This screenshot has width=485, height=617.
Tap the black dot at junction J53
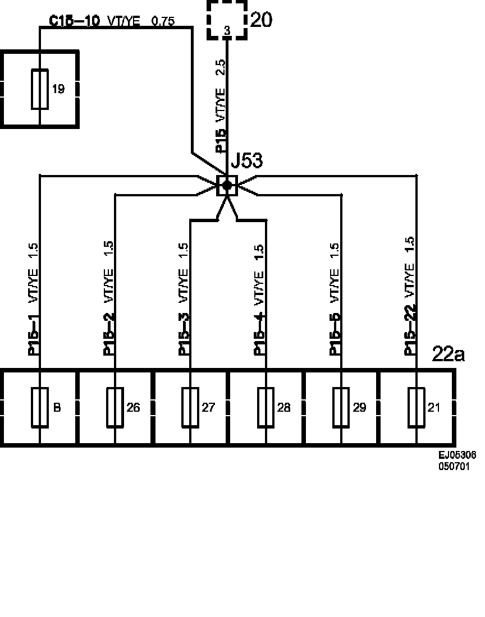pos(227,185)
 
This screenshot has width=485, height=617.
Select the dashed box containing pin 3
pos(227,20)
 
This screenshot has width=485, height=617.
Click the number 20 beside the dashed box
pos(261,20)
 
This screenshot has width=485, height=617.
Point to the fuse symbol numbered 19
pos(40,89)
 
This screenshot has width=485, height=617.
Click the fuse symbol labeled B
pos(40,407)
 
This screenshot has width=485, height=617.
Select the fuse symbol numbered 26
pos(115,407)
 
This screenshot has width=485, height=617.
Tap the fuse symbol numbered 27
pos(190,407)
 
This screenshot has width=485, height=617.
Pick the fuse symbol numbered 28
pos(266,407)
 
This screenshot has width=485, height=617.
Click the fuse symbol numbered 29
pos(341,407)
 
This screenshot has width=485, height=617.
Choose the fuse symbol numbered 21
pos(416,407)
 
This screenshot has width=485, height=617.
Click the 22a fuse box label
pos(449,354)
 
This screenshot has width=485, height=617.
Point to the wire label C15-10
pos(75,21)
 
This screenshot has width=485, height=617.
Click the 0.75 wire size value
pos(163,22)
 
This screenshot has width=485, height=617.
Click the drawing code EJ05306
pos(457,455)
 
